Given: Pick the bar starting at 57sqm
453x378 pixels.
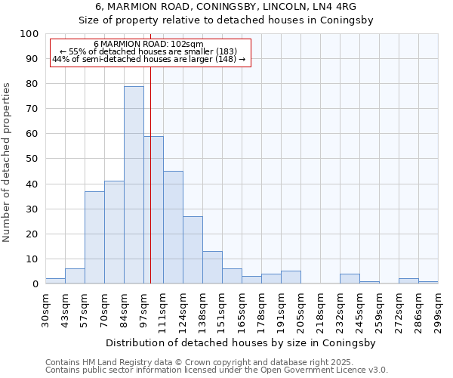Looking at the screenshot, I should (94, 237).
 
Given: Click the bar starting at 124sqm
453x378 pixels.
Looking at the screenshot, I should (193, 250).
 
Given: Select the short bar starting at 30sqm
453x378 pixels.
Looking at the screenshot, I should (55, 281).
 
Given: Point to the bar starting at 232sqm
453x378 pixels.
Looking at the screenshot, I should (350, 279).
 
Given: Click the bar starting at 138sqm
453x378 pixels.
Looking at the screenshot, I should (212, 268).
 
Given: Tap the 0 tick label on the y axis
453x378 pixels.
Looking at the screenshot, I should (35, 284).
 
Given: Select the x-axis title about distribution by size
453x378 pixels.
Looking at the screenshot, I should (242, 342).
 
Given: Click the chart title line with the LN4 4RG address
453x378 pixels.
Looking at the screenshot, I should (226, 7).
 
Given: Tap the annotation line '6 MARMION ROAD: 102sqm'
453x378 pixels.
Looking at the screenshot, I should (149, 44).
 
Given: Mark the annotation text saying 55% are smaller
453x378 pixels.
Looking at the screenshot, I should (149, 51).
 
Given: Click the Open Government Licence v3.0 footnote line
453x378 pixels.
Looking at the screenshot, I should (217, 370).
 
